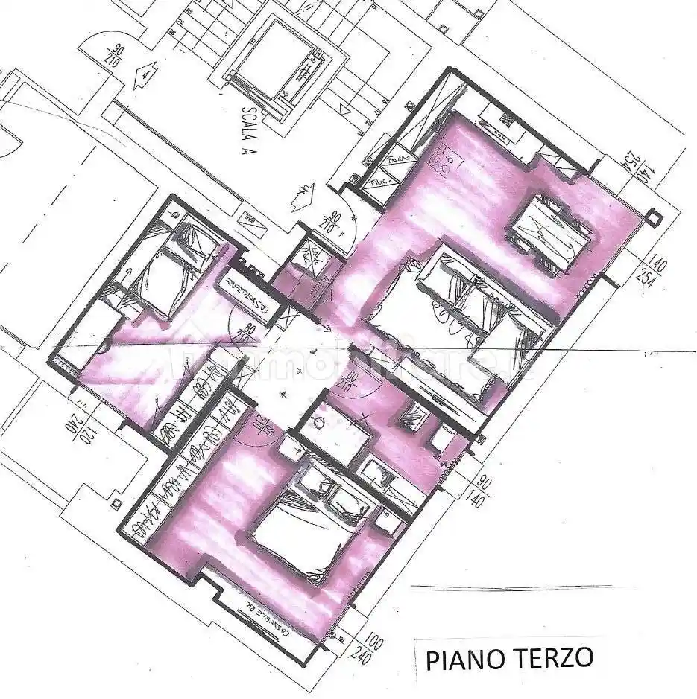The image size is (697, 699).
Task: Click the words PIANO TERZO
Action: [x=510, y=659]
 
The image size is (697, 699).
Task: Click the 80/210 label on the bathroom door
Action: [x=344, y=383]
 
